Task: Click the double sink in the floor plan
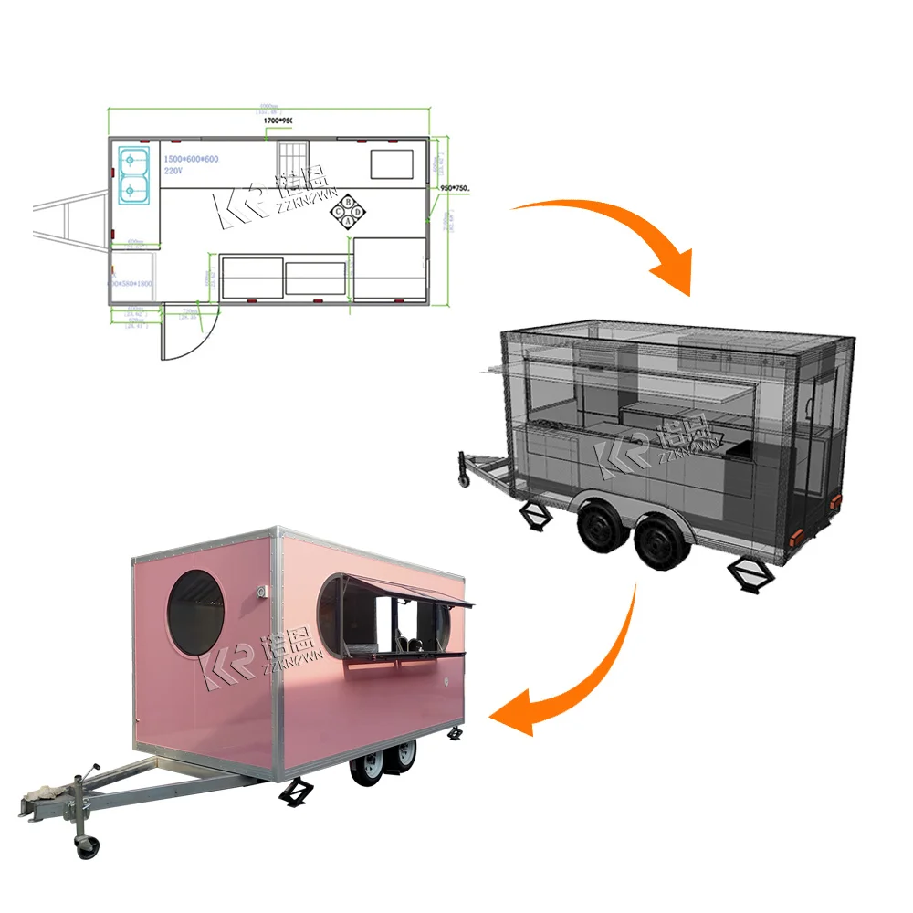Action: point(133,174)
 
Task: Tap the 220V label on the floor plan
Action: point(174,170)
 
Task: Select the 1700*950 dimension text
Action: point(284,121)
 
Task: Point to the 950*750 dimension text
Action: point(455,189)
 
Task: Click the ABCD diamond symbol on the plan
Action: point(348,211)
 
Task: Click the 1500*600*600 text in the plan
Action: point(191,159)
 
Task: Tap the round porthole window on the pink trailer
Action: point(194,613)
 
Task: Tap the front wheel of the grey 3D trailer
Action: point(600,529)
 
